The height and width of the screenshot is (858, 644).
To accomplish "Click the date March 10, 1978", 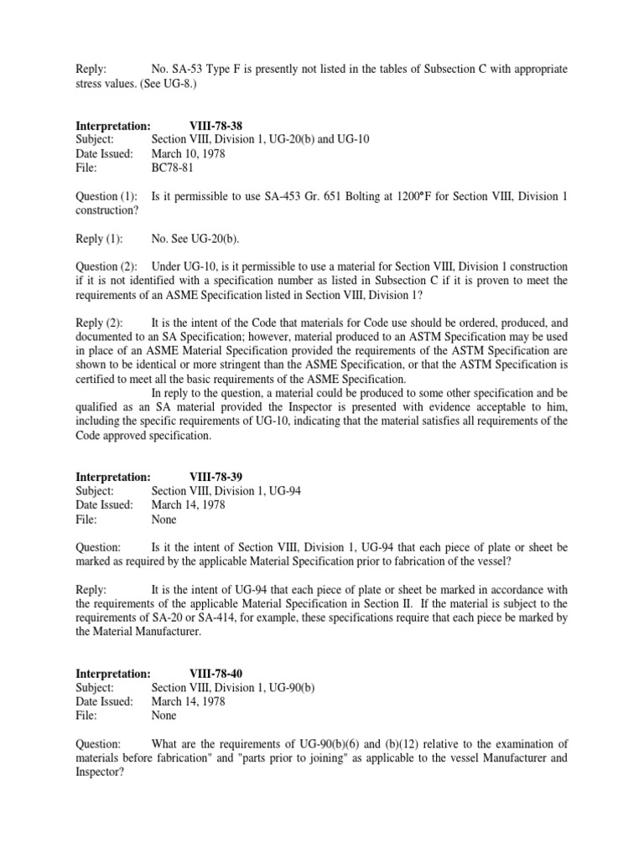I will [x=188, y=153].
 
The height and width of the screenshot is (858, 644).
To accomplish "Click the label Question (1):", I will [x=106, y=196].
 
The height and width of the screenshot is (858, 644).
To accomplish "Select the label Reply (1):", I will [x=98, y=239].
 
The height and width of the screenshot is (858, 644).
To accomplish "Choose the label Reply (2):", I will [x=98, y=323].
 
